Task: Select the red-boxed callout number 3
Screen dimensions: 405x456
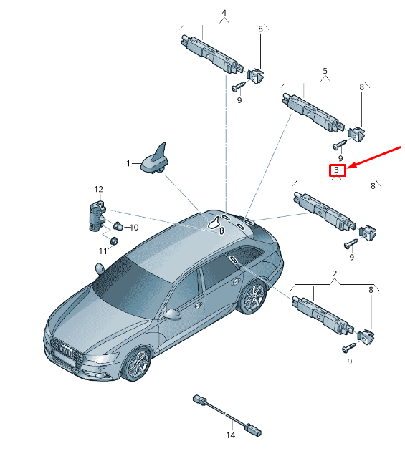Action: click(x=337, y=170)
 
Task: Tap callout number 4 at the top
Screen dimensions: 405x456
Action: click(x=224, y=13)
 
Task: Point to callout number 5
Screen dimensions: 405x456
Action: click(x=325, y=71)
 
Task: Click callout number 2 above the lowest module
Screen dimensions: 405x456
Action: click(x=335, y=273)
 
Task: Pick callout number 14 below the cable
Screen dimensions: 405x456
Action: click(x=230, y=435)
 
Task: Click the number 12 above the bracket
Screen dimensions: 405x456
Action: click(x=98, y=189)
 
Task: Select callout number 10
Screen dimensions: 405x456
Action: click(x=134, y=228)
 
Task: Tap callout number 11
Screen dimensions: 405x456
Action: click(x=103, y=251)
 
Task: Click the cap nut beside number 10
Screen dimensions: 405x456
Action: click(x=118, y=226)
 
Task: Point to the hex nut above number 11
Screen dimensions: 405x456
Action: click(x=113, y=241)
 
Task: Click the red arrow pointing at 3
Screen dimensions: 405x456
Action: click(x=374, y=157)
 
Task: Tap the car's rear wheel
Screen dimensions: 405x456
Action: click(x=252, y=297)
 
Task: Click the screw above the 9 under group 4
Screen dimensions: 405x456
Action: click(x=239, y=86)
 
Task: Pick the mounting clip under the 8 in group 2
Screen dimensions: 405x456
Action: click(x=366, y=336)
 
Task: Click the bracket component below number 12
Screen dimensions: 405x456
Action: click(x=97, y=215)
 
